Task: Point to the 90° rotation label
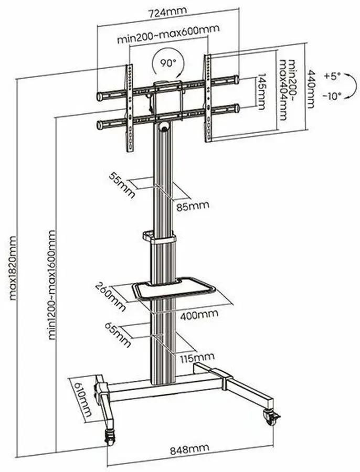coord(168,63)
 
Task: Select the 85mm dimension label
coord(193,205)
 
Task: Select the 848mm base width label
coord(189,448)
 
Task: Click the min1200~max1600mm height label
coord(52,283)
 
